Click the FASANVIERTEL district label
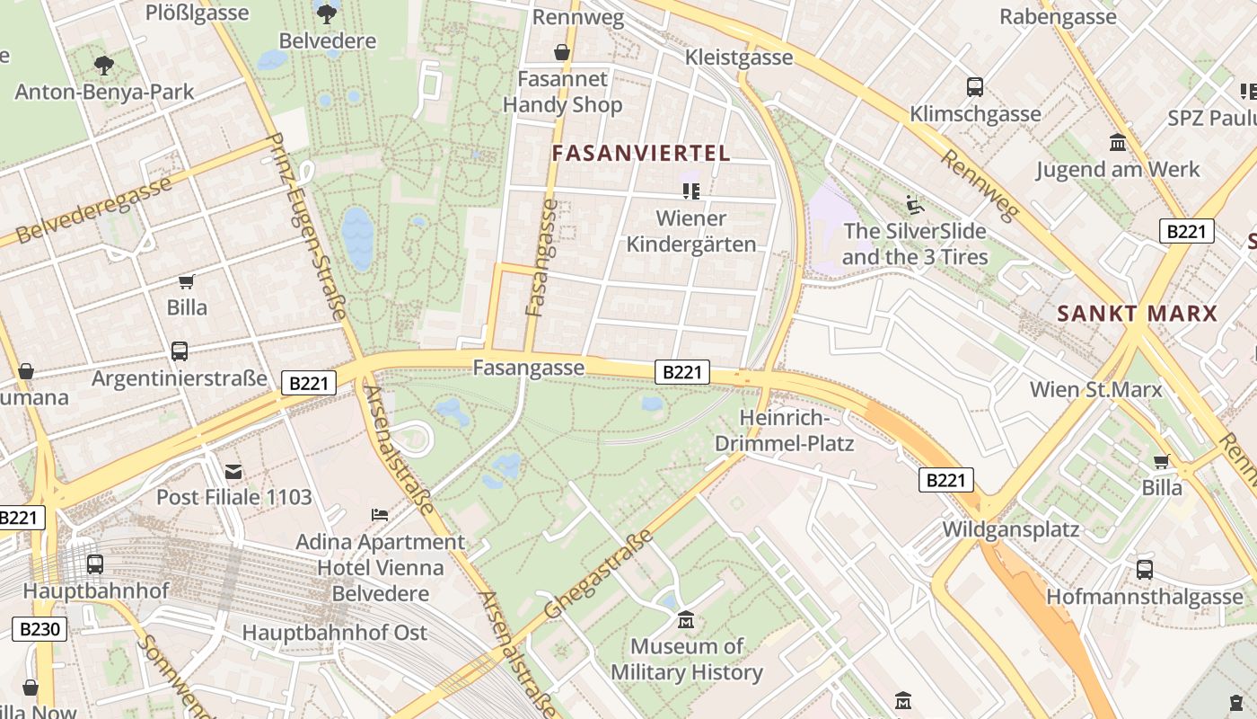(641, 153)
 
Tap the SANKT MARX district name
(1137, 314)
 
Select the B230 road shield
(40, 628)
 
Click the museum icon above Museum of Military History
(687, 620)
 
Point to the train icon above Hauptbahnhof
(95, 564)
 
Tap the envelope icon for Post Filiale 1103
(233, 471)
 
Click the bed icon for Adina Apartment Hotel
(380, 515)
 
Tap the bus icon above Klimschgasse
(975, 87)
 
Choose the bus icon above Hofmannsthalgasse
(1145, 569)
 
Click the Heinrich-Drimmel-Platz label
(784, 431)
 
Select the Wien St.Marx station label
(1095, 389)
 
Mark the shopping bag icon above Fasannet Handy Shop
(562, 53)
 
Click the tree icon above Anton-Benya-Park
(104, 65)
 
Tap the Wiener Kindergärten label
(691, 231)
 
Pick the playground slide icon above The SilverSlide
(914, 204)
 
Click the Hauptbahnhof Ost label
(334, 633)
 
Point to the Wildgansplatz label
(1010, 528)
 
